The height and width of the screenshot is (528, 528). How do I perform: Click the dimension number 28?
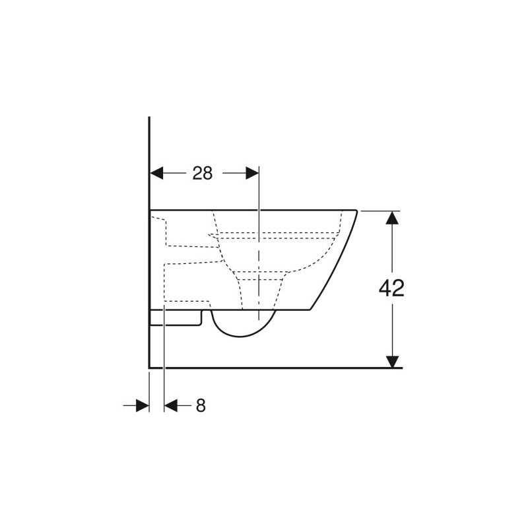coord(203,174)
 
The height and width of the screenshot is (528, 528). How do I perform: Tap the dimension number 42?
coord(391,288)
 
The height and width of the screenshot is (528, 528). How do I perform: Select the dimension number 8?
coord(201,405)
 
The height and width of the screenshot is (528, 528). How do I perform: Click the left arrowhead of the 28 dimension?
coord(156,173)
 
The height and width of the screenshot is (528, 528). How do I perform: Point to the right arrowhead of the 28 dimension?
coord(253,173)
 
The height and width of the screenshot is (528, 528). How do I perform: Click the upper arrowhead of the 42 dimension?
coord(392,218)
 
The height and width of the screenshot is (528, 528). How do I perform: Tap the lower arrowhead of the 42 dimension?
coord(392,362)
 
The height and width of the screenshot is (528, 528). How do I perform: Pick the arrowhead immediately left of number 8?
coord(171,405)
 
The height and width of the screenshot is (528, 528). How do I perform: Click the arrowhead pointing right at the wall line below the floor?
coord(143,405)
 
